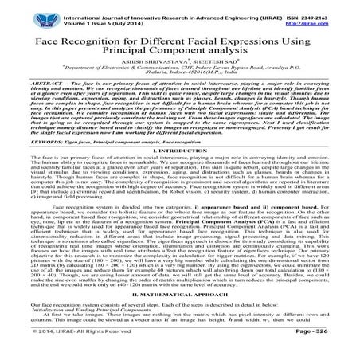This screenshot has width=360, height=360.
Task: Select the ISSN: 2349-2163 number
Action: (x=307, y=7)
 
